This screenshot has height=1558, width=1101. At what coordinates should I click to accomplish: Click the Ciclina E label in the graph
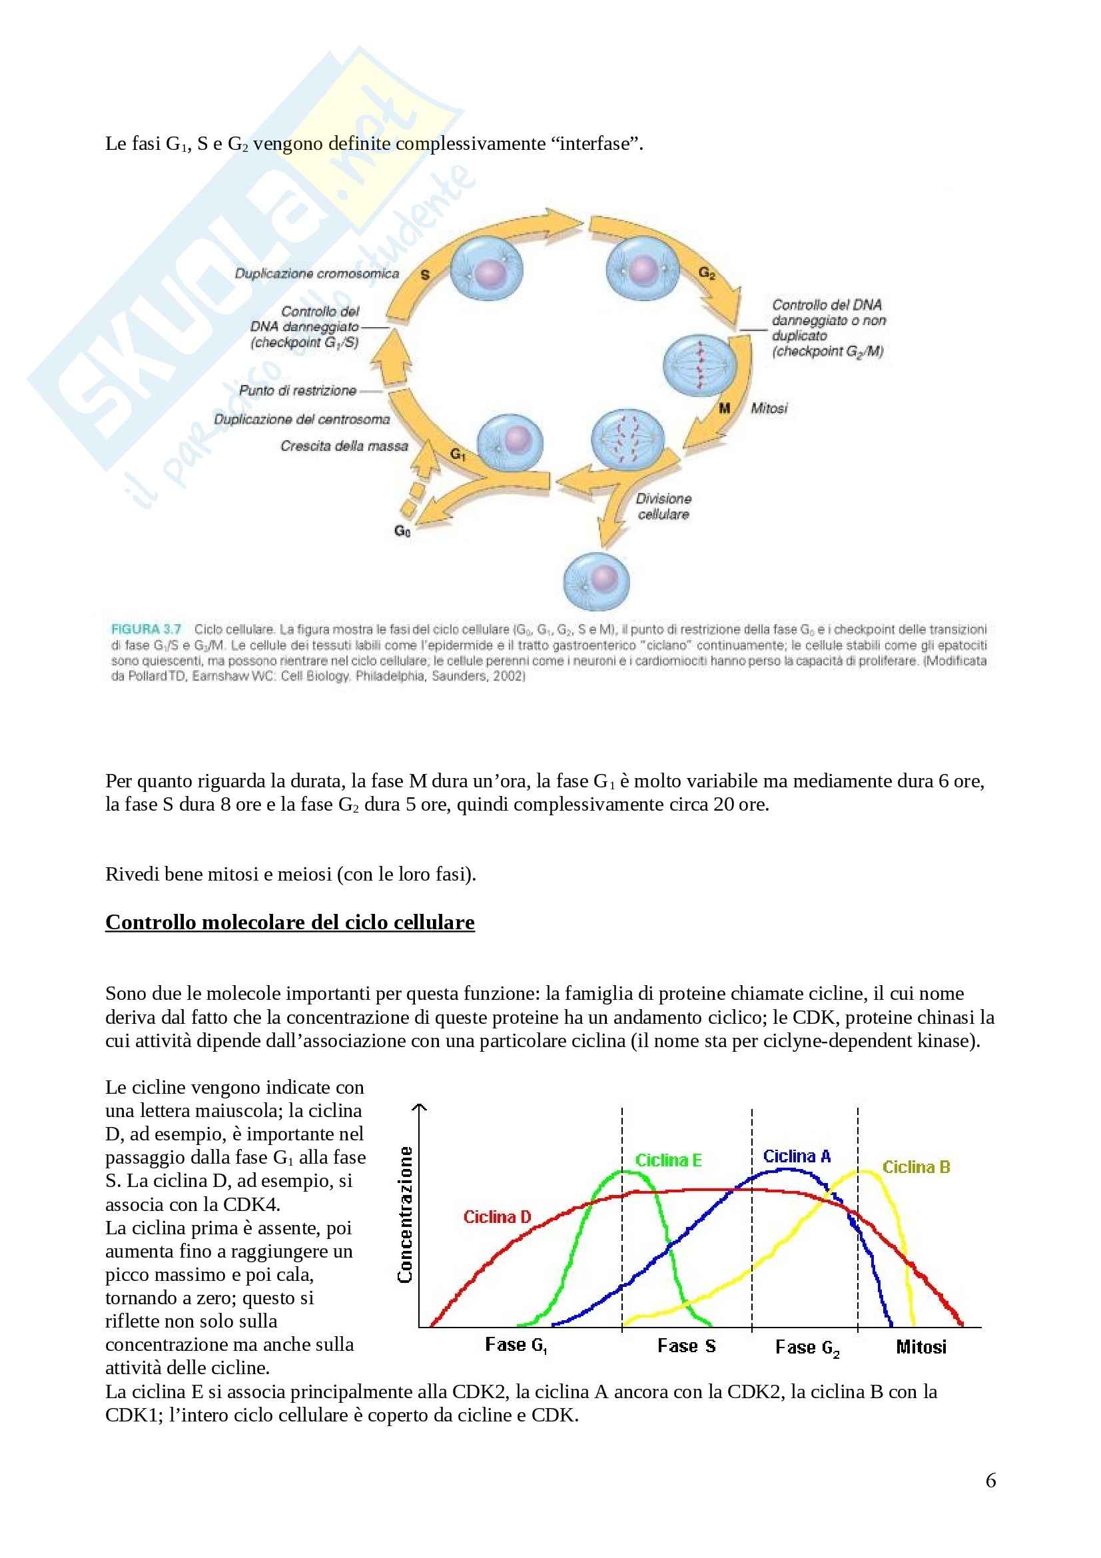[x=667, y=1160]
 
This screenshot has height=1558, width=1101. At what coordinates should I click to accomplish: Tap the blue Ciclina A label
[x=797, y=1156]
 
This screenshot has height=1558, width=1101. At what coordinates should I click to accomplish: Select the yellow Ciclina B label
[x=916, y=1167]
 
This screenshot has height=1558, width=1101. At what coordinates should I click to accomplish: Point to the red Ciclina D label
[x=497, y=1217]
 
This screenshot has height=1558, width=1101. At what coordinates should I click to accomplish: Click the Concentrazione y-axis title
[x=406, y=1215]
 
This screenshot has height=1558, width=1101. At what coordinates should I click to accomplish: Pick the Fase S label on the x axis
[x=686, y=1346]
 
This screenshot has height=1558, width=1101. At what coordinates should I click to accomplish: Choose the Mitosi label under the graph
[x=920, y=1346]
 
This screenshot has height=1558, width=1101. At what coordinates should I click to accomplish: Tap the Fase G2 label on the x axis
[x=807, y=1347]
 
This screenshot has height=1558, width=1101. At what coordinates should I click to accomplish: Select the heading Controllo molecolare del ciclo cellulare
[x=290, y=922]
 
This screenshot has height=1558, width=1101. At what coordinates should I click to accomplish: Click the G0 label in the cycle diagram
[x=402, y=531]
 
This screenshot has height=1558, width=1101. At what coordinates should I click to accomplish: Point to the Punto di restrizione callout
[x=297, y=391]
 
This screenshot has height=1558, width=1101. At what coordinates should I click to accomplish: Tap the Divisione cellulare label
[x=663, y=506]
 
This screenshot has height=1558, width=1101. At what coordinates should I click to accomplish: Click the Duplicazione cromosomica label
[x=317, y=274]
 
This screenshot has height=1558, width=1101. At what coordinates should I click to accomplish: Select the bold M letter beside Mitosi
[x=725, y=408]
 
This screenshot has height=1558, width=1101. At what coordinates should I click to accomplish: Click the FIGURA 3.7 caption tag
[x=146, y=629]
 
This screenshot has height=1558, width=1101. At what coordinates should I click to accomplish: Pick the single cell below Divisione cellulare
[x=596, y=581]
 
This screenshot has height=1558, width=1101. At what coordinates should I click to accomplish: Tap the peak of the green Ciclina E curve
[x=621, y=1170]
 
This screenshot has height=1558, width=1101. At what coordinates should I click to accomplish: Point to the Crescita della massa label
[x=344, y=446]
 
